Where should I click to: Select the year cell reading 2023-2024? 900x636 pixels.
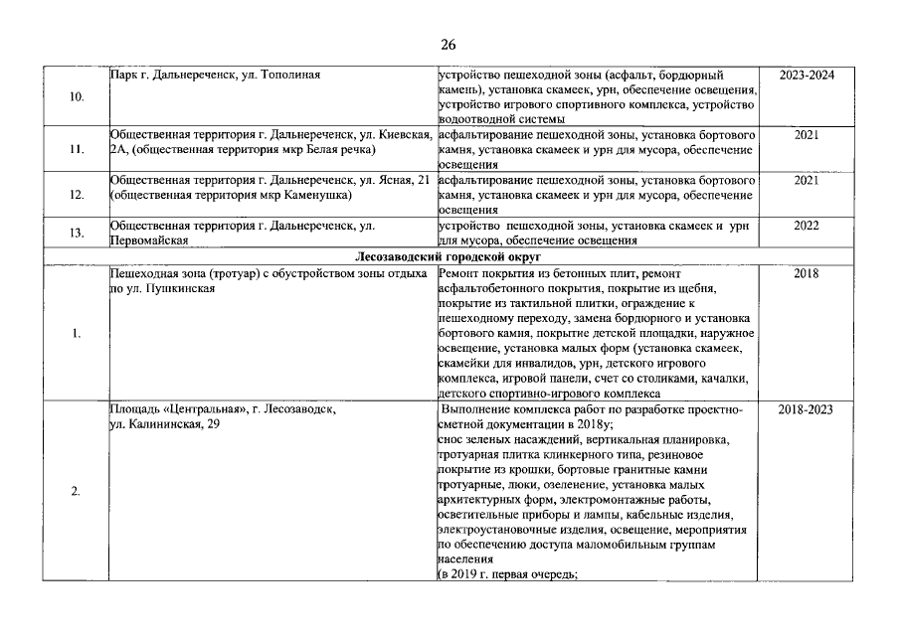pos(806,75)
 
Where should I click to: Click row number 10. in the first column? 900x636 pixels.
pos(77,98)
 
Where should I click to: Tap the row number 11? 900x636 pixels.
pos(77,150)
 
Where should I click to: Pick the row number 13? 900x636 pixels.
pos(77,233)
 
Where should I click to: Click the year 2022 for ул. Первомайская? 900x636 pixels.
pos(806,226)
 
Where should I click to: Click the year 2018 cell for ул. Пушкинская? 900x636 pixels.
pos(806,272)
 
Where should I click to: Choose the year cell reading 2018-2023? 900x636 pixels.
pos(806,409)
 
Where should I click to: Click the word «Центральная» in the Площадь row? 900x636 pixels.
pos(202,409)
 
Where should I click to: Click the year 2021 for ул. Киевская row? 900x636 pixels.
pos(806,133)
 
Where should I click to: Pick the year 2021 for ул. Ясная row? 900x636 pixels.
pos(806,180)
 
